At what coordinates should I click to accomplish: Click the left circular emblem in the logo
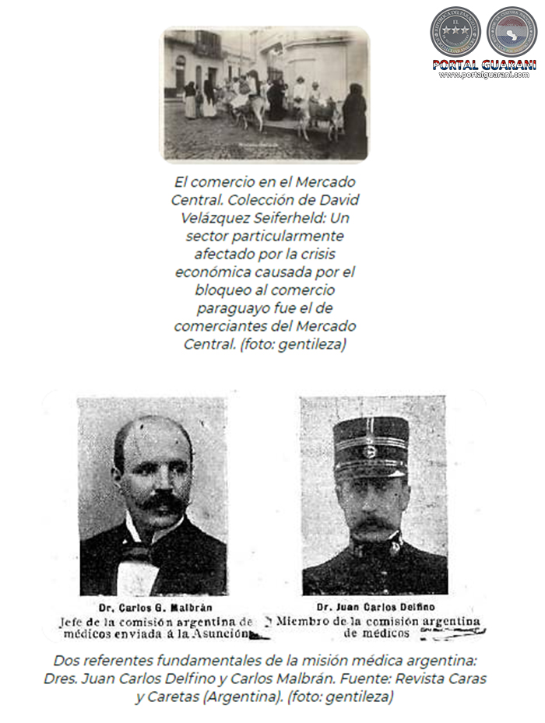pyautogui.click(x=455, y=31)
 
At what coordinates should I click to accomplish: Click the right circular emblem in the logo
pyautogui.click(x=512, y=31)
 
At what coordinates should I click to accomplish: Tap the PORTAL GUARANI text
pyautogui.click(x=484, y=65)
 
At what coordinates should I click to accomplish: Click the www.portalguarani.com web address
pyautogui.click(x=484, y=75)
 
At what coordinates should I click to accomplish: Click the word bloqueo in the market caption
pyautogui.click(x=227, y=290)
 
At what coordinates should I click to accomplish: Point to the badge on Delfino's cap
pyautogui.click(x=371, y=451)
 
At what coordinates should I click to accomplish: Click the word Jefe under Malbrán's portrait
pyautogui.click(x=72, y=622)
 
